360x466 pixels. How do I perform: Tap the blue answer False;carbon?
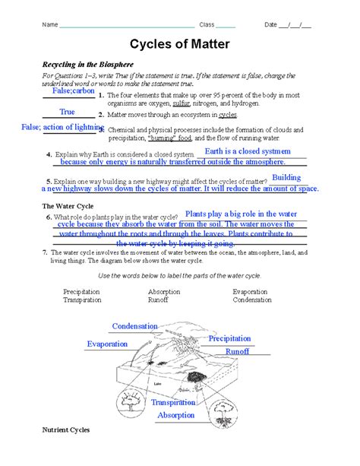(x=73, y=91)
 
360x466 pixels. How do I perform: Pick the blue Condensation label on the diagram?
(x=135, y=326)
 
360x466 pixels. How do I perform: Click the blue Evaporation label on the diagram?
(x=107, y=344)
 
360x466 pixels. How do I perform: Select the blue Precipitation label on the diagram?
(x=230, y=338)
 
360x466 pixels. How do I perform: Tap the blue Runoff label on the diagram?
(x=238, y=352)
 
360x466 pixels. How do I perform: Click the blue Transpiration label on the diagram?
(x=174, y=402)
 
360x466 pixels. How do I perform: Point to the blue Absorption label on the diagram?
(x=176, y=416)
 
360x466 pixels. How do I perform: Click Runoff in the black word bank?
(x=159, y=300)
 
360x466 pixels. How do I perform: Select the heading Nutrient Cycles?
(x=66, y=430)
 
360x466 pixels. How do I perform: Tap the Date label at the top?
(x=270, y=25)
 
